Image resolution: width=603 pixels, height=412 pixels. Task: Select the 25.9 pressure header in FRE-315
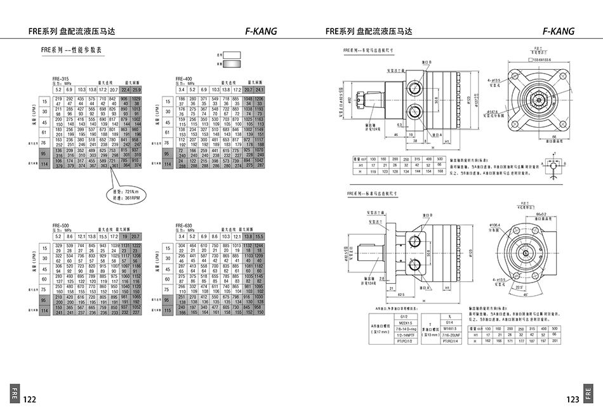136,90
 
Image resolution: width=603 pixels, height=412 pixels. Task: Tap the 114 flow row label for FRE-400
168,164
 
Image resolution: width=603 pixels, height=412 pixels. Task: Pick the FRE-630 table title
183,225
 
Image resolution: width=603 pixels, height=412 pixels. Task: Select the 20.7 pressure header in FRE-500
136,236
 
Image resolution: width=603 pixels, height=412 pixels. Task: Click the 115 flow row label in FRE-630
168,312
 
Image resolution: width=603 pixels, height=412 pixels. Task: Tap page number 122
29,399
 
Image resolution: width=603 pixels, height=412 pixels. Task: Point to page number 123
573,399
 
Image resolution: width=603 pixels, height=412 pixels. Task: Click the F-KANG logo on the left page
260,31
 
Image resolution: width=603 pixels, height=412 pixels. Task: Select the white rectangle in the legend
231,55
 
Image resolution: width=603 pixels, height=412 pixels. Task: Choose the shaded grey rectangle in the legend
231,63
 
